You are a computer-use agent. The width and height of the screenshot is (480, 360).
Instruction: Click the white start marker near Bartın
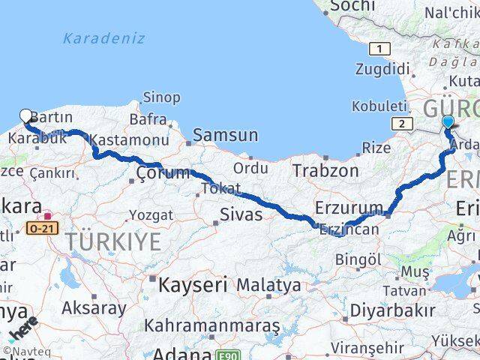pos(26,116)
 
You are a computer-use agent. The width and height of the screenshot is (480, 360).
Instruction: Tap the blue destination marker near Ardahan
pos(448,122)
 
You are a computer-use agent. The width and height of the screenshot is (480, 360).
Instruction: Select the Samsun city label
pos(225,136)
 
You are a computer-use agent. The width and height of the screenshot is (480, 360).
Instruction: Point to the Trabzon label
pos(325,171)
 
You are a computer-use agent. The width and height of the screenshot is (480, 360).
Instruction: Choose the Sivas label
pos(241,215)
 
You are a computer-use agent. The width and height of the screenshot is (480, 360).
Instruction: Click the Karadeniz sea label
pos(105,38)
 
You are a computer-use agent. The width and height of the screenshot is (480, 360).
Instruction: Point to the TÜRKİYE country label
pos(113,241)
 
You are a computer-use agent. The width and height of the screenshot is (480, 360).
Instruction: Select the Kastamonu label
pos(129,140)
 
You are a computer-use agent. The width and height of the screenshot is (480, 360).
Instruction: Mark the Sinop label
pos(161,97)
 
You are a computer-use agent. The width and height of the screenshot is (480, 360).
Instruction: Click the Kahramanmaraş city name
pos(212,326)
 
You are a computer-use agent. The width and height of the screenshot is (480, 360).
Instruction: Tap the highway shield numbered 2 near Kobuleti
pos(403,124)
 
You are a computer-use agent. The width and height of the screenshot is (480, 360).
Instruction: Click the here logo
pos(25,331)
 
